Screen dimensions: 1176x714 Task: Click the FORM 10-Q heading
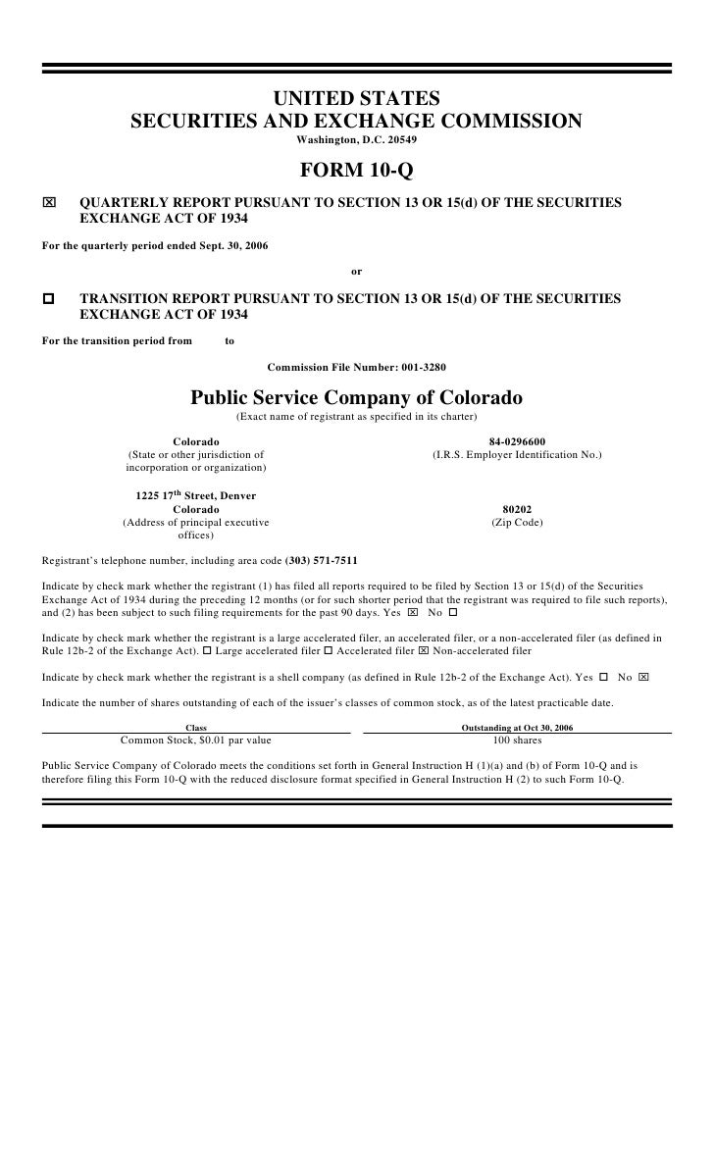[356, 173]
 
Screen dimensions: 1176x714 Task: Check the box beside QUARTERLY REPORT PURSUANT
[50, 203]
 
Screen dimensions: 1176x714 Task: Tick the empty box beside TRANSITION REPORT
[50, 299]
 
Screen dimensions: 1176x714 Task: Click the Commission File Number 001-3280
[356, 368]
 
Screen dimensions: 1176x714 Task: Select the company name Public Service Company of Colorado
[356, 399]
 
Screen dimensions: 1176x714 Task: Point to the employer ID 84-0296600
[517, 441]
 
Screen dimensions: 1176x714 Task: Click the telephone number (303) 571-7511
[321, 561]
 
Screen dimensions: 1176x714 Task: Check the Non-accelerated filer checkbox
[424, 651]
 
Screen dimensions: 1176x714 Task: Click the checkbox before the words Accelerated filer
[328, 651]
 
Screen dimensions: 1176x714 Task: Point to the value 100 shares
[517, 741]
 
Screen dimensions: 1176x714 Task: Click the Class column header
[196, 728]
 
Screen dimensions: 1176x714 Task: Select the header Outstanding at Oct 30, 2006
[517, 728]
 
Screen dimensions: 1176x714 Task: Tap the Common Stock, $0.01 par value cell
[196, 741]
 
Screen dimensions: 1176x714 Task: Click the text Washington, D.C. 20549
[356, 140]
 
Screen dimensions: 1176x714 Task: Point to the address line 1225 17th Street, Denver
[196, 496]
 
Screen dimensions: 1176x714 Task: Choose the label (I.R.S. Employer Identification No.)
[517, 455]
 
